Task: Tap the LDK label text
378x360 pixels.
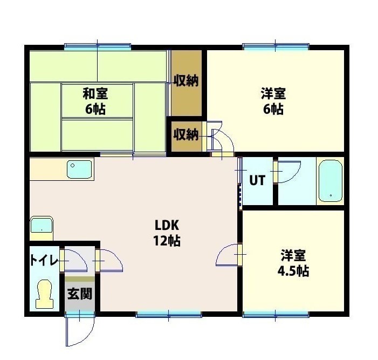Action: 167,225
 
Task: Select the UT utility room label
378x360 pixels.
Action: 257,180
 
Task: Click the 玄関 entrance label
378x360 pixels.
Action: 79,294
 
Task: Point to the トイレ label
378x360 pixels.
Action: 43,260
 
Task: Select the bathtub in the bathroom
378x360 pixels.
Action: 329,180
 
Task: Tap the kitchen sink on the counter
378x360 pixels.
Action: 80,170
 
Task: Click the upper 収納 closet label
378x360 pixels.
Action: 186,81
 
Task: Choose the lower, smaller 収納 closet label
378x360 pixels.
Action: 185,134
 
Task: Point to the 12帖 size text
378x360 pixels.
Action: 167,241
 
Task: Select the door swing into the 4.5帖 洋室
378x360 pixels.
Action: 228,255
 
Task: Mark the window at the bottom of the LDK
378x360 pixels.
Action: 168,314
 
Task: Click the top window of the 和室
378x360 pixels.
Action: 98,46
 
